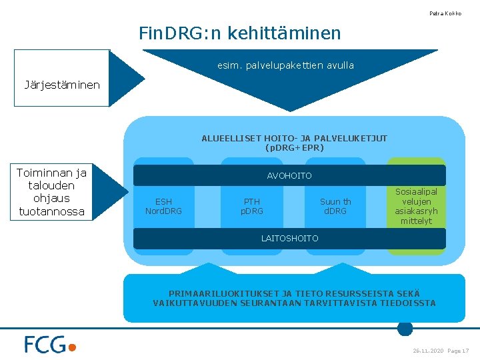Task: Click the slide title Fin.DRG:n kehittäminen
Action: [239, 33]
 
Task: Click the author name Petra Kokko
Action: [445, 13]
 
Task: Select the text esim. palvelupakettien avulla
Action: [285, 65]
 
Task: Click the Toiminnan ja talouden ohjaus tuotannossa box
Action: [51, 192]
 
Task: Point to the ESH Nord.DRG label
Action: [163, 207]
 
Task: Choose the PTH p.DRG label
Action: [252, 207]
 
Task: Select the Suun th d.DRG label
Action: [335, 207]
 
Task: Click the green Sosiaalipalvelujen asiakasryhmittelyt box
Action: [416, 206]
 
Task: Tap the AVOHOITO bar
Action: [289, 176]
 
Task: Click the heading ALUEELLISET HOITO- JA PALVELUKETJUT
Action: [294, 139]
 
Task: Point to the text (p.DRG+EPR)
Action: [294, 147]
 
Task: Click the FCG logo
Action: [51, 345]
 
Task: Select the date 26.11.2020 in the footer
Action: [428, 351]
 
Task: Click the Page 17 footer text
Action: [459, 351]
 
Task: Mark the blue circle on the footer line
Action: [405, 328]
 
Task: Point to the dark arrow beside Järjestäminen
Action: [127, 78]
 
